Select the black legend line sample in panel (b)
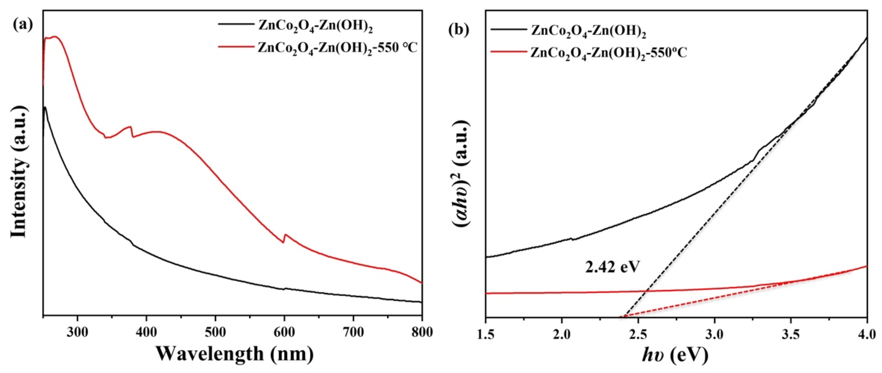pyautogui.click(x=508, y=30)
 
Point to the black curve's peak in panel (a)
pyautogui.click(x=45, y=107)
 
